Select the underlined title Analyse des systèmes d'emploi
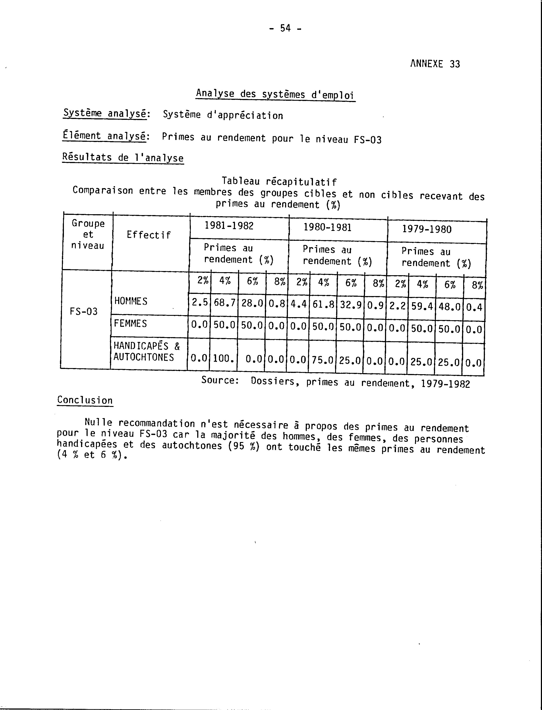click(x=275, y=94)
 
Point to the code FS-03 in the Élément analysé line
click(x=367, y=140)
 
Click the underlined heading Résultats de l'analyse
click(x=123, y=158)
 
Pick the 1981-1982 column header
click(x=229, y=226)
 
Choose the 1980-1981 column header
click(x=327, y=228)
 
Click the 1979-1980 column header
click(x=426, y=229)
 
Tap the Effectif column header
click(x=148, y=235)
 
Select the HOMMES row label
click(x=131, y=301)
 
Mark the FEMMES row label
click(x=130, y=324)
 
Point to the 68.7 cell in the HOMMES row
click(x=224, y=303)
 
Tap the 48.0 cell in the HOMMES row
click(x=449, y=307)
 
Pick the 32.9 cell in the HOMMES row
click(x=350, y=305)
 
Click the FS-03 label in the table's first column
click(x=83, y=311)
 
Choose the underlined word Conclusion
click(x=85, y=401)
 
